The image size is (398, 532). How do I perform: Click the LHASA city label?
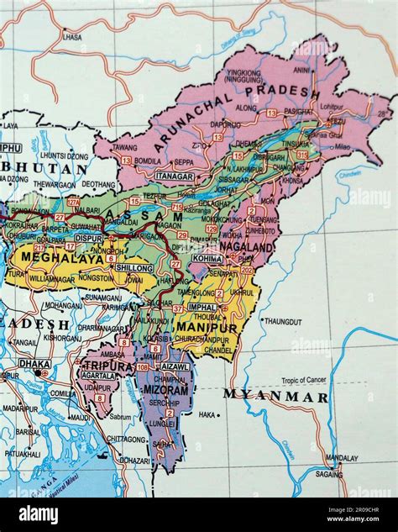pos(72,37)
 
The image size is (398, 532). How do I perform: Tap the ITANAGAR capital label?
pos(174,177)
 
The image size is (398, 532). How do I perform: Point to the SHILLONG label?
pos(134,267)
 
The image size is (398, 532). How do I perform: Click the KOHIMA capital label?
pos(207,259)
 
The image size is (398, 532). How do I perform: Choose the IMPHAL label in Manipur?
pos(202,307)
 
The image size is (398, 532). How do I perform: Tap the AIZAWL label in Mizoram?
pos(175,366)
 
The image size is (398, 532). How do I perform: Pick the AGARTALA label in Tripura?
pos(98,376)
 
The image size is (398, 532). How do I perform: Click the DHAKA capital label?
pos(34,363)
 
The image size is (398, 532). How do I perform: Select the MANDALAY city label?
pos(342,458)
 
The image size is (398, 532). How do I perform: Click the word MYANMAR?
pos(275,396)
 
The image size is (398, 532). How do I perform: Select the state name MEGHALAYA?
pos(51,257)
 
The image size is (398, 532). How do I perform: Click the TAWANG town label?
pos(124,147)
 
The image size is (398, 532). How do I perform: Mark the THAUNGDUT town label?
pos(282,321)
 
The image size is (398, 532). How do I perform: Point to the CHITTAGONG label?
pos(125,439)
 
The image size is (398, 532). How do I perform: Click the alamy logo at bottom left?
pos(38,514)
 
